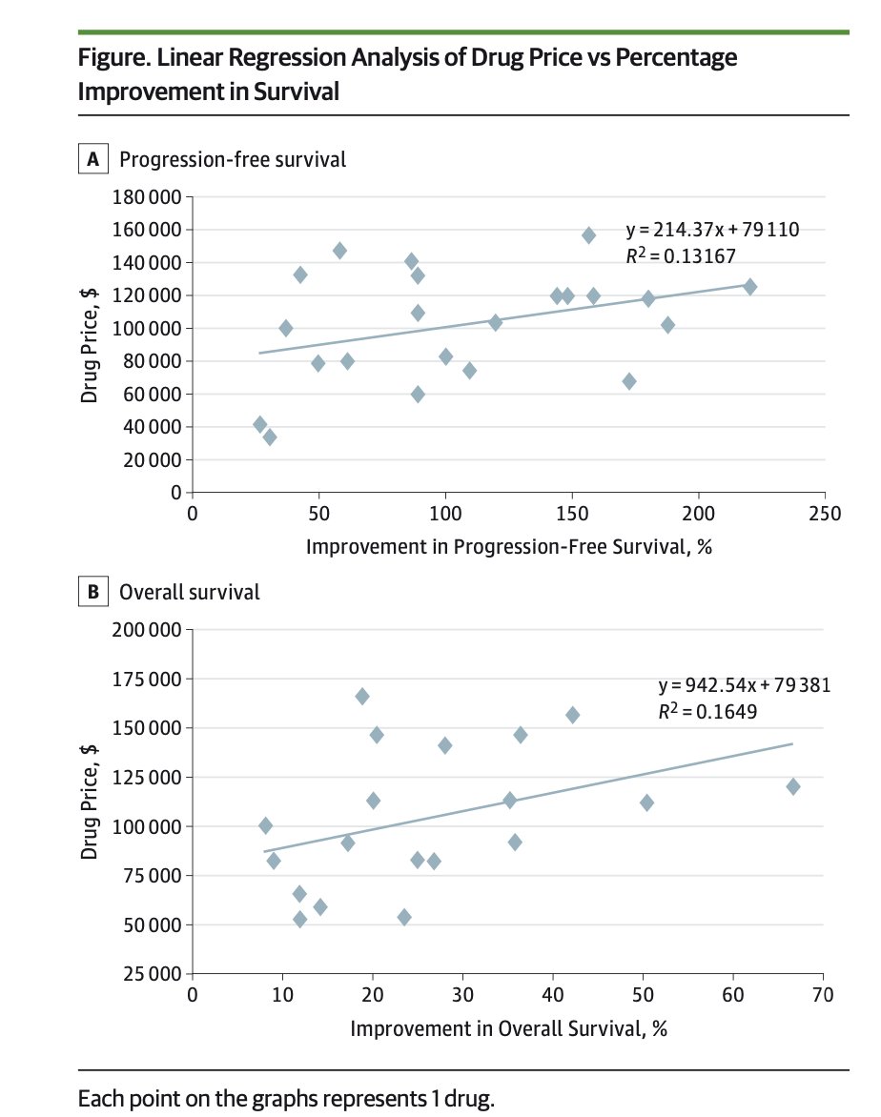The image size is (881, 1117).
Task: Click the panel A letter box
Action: (93, 159)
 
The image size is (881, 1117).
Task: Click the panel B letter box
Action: (93, 592)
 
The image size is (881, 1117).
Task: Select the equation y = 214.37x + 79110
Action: (711, 230)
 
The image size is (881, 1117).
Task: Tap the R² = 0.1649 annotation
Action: (707, 710)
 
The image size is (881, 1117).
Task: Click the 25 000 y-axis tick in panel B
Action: (151, 974)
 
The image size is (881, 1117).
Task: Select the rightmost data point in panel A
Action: (750, 287)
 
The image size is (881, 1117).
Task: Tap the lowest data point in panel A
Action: (270, 437)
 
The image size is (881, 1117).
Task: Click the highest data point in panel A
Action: (588, 235)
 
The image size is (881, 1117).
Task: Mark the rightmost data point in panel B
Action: (792, 786)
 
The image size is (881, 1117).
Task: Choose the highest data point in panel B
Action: (362, 697)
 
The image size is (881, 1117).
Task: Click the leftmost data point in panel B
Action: (265, 825)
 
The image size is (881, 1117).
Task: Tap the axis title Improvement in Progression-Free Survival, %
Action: (509, 547)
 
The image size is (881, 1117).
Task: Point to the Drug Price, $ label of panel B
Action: (90, 802)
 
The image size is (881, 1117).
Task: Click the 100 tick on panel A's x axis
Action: (445, 515)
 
